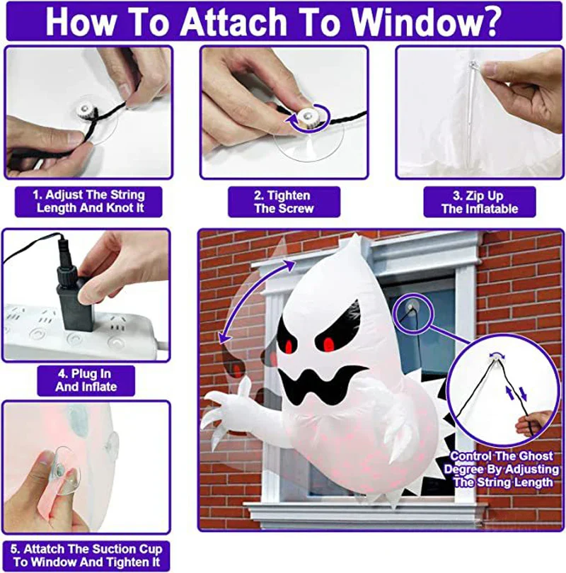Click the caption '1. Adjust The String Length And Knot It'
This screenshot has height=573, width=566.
[x=88, y=202]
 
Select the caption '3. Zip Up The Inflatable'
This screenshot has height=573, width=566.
[x=479, y=202]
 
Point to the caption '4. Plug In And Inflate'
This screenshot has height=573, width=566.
[x=86, y=380]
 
